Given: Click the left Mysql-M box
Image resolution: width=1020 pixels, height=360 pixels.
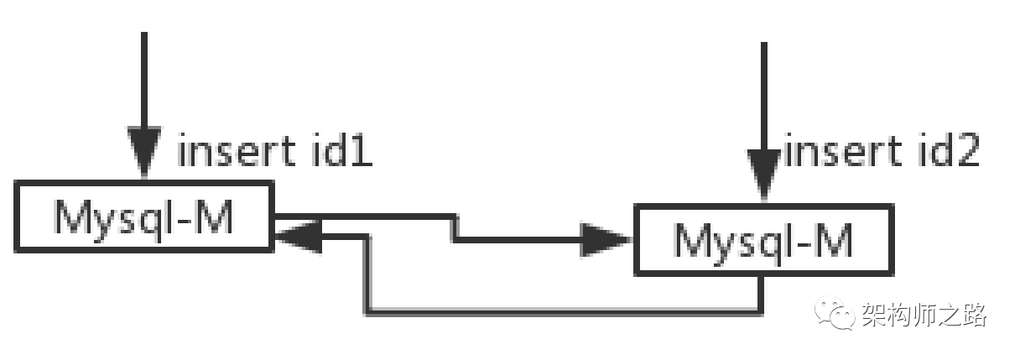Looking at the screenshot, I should tap(144, 217).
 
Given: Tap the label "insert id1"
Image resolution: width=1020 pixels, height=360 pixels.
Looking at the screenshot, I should tap(275, 153).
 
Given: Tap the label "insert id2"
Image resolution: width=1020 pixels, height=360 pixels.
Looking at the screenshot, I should tap(881, 153).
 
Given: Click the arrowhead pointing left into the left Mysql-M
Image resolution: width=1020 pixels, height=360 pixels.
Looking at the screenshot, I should tap(295, 236).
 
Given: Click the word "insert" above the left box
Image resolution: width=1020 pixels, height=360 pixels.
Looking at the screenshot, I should tap(234, 153).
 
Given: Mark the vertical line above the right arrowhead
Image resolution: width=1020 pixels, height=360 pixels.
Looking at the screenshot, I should tap(762, 92).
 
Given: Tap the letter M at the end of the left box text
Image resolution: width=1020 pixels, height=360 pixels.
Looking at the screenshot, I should tap(216, 217).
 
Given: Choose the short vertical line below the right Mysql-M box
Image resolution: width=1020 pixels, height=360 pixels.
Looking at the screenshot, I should tap(762, 294).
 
